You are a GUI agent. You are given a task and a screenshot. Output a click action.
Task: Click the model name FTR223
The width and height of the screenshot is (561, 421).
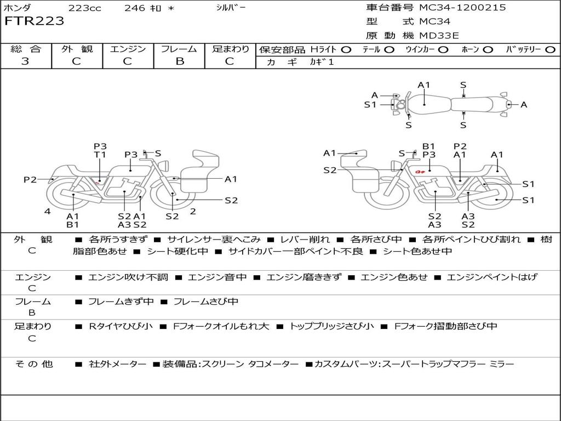pos(34,21)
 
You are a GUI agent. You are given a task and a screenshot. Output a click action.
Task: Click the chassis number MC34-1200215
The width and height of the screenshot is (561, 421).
pos(462,8)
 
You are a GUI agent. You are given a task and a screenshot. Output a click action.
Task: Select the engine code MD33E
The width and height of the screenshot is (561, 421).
pos(439,36)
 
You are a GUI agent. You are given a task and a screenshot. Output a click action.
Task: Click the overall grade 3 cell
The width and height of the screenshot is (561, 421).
pos(25,61)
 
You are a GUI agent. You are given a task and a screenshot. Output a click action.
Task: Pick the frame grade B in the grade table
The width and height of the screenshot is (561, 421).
pos(179,61)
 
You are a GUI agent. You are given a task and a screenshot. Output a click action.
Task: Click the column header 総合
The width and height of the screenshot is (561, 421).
pos(26,49)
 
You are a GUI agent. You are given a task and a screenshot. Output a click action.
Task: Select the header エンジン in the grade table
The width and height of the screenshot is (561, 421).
pos(128,49)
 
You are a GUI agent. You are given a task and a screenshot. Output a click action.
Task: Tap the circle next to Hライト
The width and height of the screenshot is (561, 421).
pos(346,50)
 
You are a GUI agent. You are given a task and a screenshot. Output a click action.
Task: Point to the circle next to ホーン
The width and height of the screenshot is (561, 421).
pos(488,50)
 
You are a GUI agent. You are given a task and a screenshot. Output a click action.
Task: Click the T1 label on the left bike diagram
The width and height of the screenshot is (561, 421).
pos(100,155)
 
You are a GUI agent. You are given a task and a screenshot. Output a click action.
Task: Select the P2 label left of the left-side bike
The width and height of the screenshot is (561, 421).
pos(30,179)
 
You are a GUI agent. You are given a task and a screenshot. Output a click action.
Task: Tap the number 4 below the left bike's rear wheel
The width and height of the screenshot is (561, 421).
pos(48,211)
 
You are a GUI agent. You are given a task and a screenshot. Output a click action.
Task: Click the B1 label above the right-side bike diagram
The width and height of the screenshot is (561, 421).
pos(428,146)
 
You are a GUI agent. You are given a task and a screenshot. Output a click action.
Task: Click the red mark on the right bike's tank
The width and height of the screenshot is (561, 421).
pos(421,172)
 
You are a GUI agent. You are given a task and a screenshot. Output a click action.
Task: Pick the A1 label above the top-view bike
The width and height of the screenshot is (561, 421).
pos(424,85)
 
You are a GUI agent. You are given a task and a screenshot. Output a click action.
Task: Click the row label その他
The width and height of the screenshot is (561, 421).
pos(33,364)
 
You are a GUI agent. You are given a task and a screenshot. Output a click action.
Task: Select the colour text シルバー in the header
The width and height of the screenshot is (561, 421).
pos(231,8)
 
